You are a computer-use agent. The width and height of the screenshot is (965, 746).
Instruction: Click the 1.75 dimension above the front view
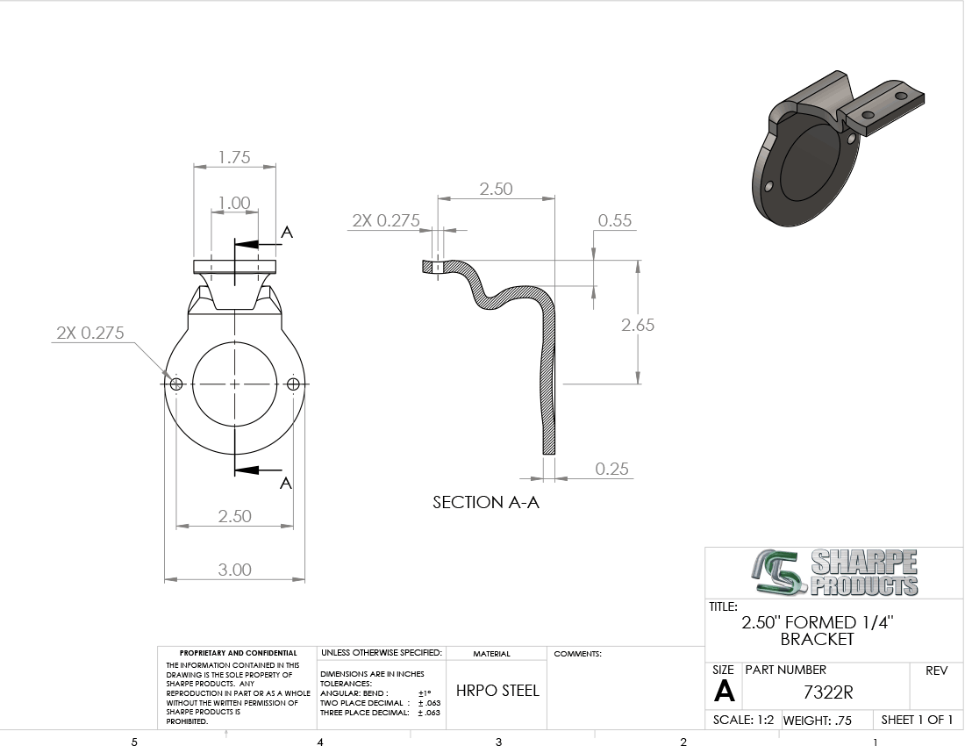point(234,158)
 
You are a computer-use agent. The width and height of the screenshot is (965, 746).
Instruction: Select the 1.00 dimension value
point(234,203)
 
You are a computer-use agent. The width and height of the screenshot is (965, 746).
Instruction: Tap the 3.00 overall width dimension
point(234,570)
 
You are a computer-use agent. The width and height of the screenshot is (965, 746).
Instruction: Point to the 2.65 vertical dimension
point(638,325)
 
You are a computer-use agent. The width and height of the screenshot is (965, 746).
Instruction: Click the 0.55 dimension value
point(615,220)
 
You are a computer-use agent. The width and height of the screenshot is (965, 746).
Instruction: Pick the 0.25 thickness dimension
point(611,469)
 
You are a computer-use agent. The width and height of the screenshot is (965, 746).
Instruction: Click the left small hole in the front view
point(176,384)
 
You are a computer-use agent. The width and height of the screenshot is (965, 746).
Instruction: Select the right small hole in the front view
point(293,384)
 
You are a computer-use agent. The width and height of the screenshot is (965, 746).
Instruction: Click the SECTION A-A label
point(486,502)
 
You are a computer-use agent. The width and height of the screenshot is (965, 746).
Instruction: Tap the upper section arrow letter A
point(287,233)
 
